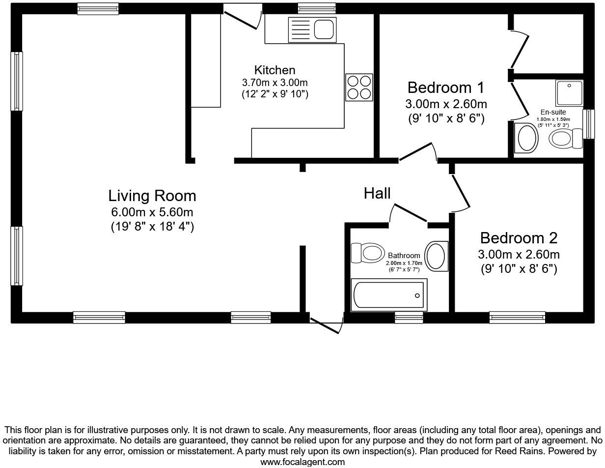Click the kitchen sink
pos(312,29)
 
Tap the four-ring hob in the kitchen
pos(359,87)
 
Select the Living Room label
pos(152,196)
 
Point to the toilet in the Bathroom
pos(367,253)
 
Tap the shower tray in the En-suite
pos(569,93)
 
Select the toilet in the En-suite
pos(565,138)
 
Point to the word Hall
pos(377,193)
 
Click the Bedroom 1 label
pos(445,88)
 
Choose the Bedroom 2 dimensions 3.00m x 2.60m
pos(519,255)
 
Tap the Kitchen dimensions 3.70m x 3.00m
pos(275,82)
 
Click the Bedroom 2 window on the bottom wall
pos(517,318)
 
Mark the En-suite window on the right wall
pos(588,124)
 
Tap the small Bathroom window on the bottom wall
pos(409,318)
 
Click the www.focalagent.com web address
pos(302,462)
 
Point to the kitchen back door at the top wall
pos(243,17)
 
